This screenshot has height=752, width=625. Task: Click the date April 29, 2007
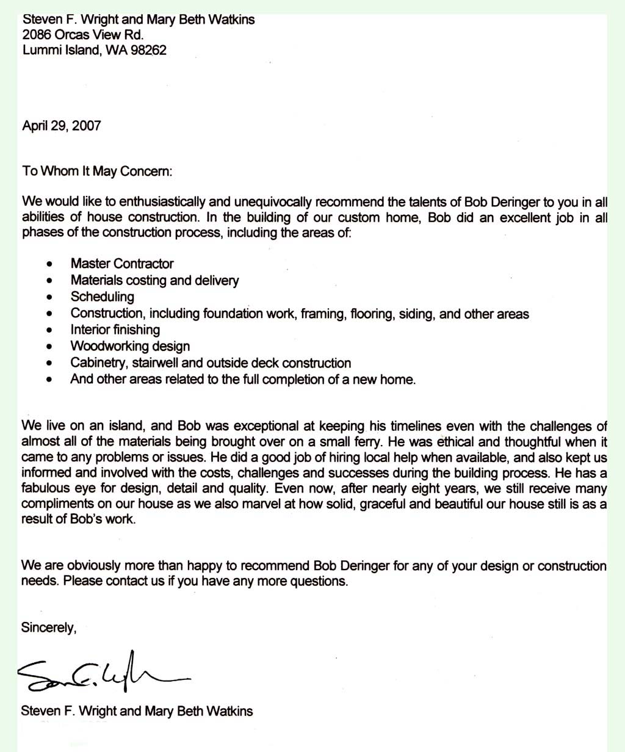tap(62, 126)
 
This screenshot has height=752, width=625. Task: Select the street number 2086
tap(36, 35)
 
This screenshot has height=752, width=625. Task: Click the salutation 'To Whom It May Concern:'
tap(98, 171)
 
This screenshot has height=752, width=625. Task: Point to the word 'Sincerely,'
tap(49, 627)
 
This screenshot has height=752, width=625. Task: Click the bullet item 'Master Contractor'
tap(122, 264)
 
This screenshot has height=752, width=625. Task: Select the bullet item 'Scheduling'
tap(102, 297)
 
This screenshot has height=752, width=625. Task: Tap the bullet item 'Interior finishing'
tap(115, 330)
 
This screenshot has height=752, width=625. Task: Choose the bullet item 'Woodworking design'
tap(130, 347)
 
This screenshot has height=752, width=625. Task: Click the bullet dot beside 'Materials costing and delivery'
tap(49, 281)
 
